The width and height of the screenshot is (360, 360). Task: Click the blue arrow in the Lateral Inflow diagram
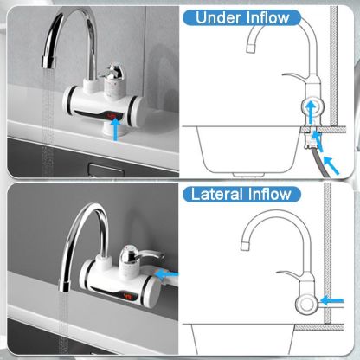point(331,302)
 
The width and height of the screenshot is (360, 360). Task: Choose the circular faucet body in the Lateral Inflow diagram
point(307,303)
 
